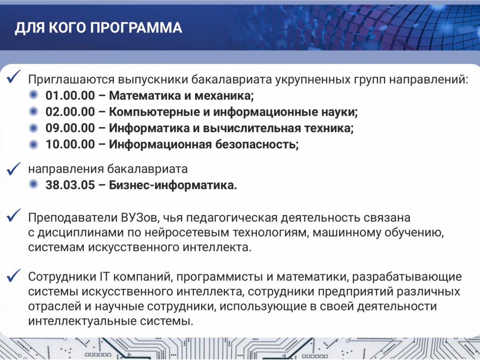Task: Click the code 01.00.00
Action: coord(70,95)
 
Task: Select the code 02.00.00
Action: coord(70,112)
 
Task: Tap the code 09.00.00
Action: coord(70,128)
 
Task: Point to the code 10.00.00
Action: coord(70,144)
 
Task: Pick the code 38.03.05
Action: coord(70,185)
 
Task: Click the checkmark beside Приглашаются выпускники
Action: coord(13,77)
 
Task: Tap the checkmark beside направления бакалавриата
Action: coord(13,169)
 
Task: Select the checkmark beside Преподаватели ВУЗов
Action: coord(13,215)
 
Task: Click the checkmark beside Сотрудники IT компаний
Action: coord(13,276)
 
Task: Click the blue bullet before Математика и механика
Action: coord(34,95)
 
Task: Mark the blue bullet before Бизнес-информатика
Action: coord(34,185)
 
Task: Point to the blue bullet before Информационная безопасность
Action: coord(34,144)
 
